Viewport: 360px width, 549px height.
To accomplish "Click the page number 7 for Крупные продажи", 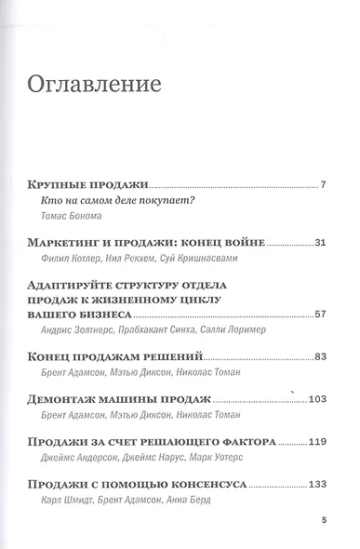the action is click(322, 184).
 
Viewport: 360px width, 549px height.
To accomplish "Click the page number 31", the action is click(318, 243).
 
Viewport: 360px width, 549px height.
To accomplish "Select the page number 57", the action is click(318, 315).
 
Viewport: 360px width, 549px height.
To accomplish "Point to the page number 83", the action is click(318, 356).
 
